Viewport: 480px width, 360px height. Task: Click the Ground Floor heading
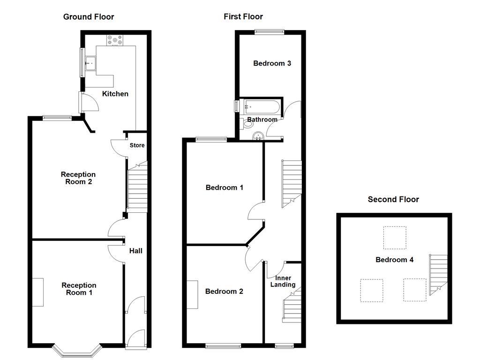point(89,17)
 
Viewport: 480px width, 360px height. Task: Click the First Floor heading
point(243,17)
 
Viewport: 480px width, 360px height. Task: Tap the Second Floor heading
point(393,199)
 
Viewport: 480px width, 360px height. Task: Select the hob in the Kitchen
point(114,41)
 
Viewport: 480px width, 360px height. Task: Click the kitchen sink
point(90,62)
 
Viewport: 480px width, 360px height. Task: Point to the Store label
point(137,145)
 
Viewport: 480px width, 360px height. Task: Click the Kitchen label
point(115,94)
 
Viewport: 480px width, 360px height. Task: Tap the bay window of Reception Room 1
point(76,349)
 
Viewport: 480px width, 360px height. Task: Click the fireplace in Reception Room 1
point(38,292)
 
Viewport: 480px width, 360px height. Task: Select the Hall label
point(135,251)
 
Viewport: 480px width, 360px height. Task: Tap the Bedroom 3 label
point(272,63)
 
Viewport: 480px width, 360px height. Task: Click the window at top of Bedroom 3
point(270,32)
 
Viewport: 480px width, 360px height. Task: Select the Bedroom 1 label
point(224,187)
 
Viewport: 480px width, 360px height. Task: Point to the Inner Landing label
point(283,281)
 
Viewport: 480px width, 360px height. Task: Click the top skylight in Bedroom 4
point(394,238)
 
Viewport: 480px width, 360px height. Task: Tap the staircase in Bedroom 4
point(438,275)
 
